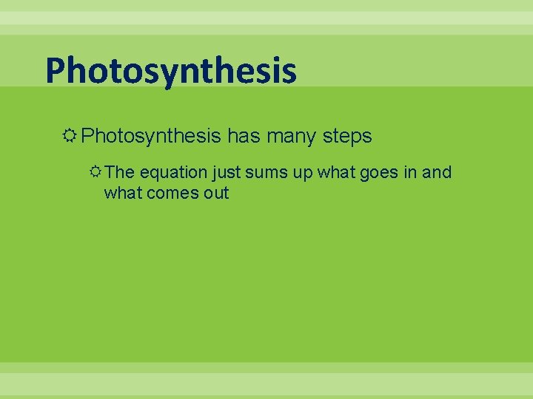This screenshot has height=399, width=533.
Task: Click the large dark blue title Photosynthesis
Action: tap(171, 72)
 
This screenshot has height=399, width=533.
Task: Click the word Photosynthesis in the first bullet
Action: tap(151, 136)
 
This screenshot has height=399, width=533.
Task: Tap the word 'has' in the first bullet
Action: tap(243, 136)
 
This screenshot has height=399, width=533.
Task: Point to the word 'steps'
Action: tap(347, 137)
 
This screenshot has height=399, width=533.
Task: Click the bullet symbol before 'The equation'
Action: tap(95, 172)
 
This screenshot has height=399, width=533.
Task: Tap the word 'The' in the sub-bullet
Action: tap(119, 172)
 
